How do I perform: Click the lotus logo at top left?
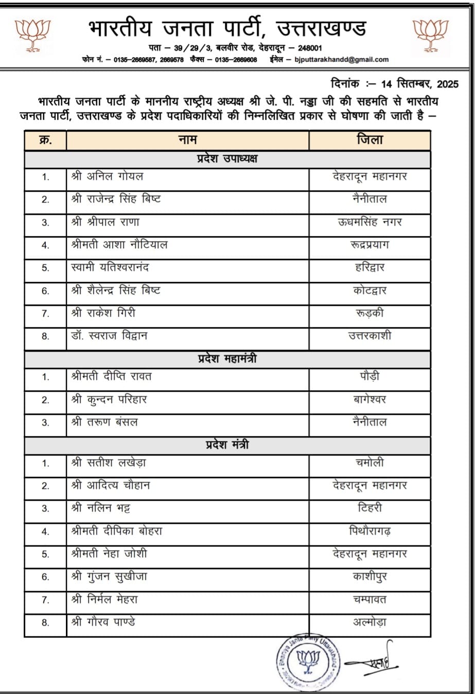click(x=33, y=35)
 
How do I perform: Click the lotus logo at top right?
click(x=431, y=35)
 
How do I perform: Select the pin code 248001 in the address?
click(x=310, y=48)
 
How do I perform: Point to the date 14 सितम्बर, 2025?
click(x=419, y=84)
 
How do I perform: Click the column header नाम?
click(x=187, y=140)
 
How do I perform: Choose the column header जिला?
click(x=369, y=140)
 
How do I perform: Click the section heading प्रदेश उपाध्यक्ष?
click(x=227, y=159)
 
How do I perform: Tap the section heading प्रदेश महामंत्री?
click(x=227, y=359)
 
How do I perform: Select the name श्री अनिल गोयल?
click(x=108, y=176)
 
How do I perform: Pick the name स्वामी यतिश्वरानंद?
click(x=110, y=267)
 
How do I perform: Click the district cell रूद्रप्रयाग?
click(x=369, y=245)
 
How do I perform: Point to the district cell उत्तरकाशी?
click(x=369, y=336)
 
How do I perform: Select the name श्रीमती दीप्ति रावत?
click(x=112, y=376)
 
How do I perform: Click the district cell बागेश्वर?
click(x=369, y=399)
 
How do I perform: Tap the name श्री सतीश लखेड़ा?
click(x=109, y=463)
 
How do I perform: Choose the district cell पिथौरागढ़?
click(x=369, y=531)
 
